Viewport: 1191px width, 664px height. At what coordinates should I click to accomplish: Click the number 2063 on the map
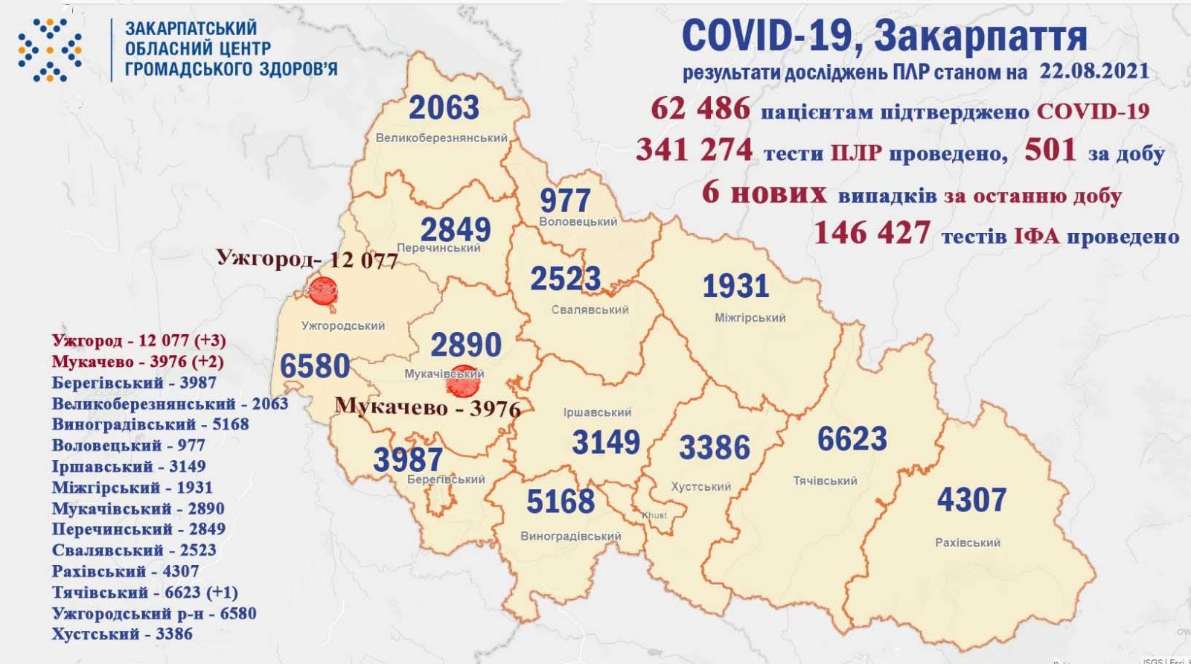point(444,108)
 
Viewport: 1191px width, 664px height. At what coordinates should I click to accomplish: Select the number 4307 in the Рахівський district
point(971,499)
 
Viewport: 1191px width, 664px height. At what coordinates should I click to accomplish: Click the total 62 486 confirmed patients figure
point(700,109)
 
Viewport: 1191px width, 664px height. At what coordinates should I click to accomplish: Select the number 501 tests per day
point(1050,150)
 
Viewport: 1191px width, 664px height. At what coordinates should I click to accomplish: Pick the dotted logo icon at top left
point(50,49)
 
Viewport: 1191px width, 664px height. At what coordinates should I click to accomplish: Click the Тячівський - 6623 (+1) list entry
point(145,593)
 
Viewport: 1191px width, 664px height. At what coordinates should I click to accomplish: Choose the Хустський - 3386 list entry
point(122,634)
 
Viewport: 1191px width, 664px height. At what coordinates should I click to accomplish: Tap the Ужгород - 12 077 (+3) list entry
point(138,341)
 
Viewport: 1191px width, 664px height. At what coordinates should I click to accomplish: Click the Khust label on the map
point(654,515)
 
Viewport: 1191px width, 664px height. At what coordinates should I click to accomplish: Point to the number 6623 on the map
point(852,438)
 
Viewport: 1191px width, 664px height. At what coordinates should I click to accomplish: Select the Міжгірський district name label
point(750,318)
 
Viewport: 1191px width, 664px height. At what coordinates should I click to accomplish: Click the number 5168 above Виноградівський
point(561,502)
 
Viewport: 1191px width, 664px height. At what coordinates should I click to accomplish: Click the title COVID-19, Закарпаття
point(884,36)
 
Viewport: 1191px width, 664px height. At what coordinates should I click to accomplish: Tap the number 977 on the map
point(566,200)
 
